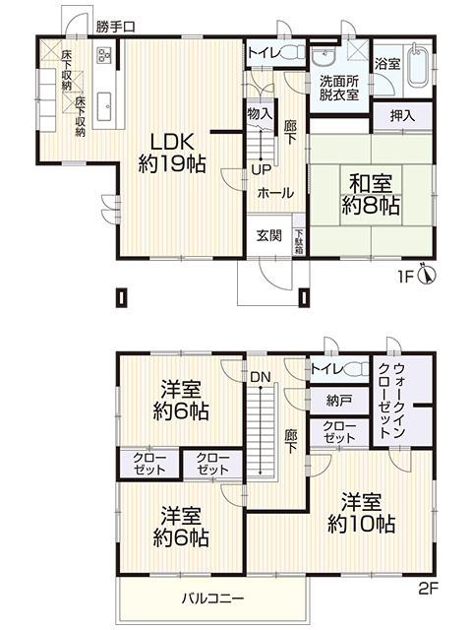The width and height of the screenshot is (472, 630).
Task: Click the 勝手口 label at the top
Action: click(x=116, y=27)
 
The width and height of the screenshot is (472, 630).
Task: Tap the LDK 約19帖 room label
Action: click(x=172, y=153)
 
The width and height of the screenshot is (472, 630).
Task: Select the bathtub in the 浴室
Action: click(x=418, y=67)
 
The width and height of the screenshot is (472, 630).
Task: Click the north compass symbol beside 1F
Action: click(x=427, y=274)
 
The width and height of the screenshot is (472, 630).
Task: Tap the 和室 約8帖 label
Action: click(x=371, y=195)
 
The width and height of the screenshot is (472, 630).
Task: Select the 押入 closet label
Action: click(x=402, y=116)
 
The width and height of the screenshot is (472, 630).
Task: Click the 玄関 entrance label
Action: click(x=268, y=235)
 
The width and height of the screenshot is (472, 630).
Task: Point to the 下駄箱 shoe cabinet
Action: click(x=299, y=241)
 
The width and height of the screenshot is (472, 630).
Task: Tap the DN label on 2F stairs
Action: click(x=261, y=377)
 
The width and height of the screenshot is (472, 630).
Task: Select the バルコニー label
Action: click(x=212, y=598)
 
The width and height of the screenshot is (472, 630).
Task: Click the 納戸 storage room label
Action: click(x=338, y=401)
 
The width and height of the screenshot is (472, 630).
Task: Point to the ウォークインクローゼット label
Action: click(x=391, y=400)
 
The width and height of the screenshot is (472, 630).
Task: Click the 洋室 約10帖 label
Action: click(x=361, y=514)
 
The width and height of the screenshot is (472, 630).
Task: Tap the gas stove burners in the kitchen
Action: click(x=105, y=55)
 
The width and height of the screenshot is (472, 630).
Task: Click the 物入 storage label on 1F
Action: click(x=260, y=114)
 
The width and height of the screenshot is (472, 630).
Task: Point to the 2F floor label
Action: click(x=428, y=589)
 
